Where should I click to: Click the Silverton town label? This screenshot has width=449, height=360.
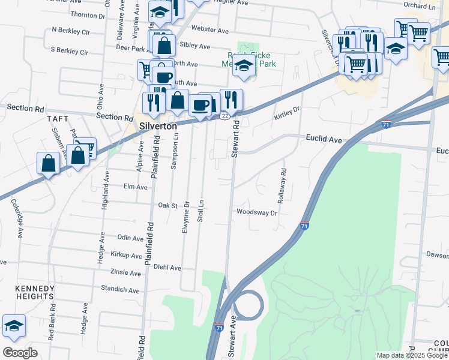click(x=158, y=127)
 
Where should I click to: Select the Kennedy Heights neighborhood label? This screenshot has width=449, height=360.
click(x=34, y=292)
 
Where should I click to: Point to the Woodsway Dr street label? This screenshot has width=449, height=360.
click(x=257, y=212)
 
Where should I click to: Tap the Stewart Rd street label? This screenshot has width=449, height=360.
click(x=235, y=138)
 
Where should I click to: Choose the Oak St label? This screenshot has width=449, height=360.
click(x=169, y=205)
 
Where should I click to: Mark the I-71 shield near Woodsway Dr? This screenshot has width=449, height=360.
click(x=304, y=226)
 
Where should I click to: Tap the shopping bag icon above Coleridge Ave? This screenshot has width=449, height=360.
click(x=48, y=163)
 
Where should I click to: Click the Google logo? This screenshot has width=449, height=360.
click(x=20, y=353)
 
